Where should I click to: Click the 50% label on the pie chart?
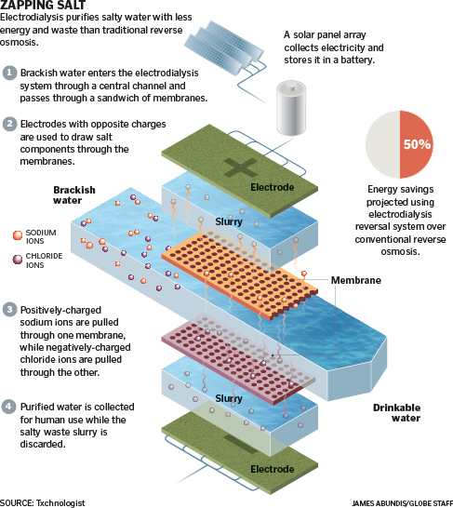[417, 144]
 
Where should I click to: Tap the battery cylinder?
[291, 108]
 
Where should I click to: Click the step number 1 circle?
[9, 73]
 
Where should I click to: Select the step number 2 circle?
[9, 124]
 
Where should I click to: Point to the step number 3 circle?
[9, 310]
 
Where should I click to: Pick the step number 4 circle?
[8, 407]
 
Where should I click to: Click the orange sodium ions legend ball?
[18, 235]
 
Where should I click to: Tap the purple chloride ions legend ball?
[18, 260]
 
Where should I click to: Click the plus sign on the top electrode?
[241, 168]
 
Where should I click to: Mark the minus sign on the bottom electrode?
[241, 445]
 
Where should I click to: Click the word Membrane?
[356, 280]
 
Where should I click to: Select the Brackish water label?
[74, 195]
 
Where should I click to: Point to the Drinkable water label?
[397, 413]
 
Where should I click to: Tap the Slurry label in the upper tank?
[229, 222]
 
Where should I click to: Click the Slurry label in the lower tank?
[229, 398]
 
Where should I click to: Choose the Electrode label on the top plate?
[273, 187]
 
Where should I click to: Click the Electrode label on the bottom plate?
[273, 469]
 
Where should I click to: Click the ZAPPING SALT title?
[43, 5]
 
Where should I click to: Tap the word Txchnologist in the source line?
[60, 503]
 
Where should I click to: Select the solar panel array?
[224, 47]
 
